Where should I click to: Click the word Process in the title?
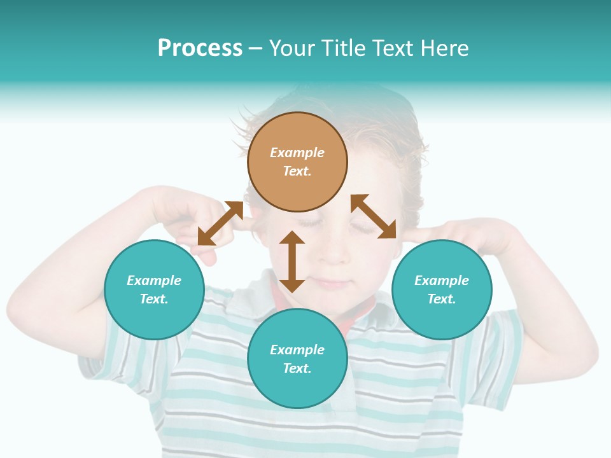tap(200, 48)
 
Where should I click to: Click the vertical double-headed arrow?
tap(292, 261)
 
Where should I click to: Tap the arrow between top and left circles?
tap(220, 223)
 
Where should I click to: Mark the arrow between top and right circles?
tap(374, 216)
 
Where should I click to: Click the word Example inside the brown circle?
tap(297, 153)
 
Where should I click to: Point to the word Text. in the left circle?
tap(154, 299)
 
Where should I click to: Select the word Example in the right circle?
tap(442, 281)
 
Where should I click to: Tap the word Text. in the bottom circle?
tap(297, 368)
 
